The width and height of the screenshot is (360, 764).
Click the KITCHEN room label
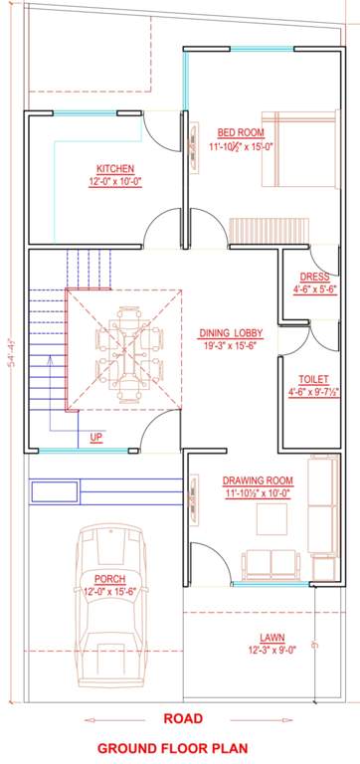(x=115, y=168)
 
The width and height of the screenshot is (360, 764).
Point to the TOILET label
(x=314, y=379)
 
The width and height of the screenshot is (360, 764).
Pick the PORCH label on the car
(x=110, y=578)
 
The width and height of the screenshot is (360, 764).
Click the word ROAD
(x=184, y=718)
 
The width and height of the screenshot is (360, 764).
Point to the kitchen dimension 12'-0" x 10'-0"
(x=115, y=182)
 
